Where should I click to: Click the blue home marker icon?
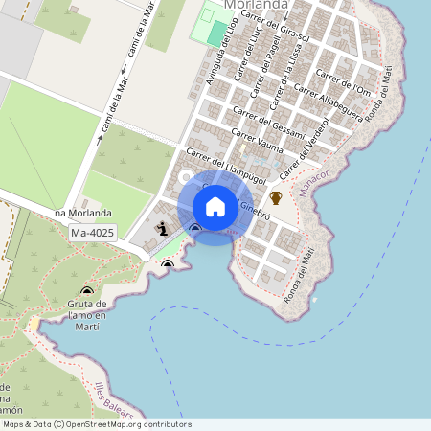[215, 207]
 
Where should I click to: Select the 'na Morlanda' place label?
[83, 213]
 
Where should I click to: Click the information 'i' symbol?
[162, 228]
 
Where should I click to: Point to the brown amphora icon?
[276, 198]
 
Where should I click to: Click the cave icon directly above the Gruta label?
[87, 290]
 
